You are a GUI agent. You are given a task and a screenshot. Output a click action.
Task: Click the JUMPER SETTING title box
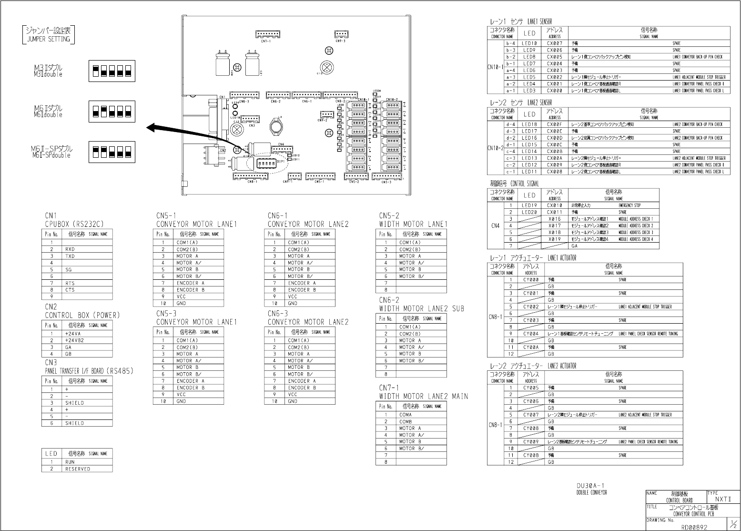point(48,34)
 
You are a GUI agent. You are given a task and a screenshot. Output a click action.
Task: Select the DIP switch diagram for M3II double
point(112,71)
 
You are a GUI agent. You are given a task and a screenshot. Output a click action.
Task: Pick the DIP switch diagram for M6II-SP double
point(112,152)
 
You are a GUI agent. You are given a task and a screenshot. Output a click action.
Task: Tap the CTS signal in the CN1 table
point(70,290)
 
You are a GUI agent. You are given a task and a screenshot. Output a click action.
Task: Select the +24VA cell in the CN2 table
point(72,334)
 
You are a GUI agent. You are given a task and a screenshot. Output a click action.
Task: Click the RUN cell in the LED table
point(70,462)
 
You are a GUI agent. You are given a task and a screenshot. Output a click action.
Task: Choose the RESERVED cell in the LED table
point(78,469)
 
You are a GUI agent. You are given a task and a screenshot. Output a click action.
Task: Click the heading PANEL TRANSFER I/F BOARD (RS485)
point(89,371)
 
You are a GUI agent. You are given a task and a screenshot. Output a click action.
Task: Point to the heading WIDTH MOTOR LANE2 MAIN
point(424,397)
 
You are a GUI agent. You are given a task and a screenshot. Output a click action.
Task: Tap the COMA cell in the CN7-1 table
point(406,415)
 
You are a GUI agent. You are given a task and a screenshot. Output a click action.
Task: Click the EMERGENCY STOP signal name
point(629,205)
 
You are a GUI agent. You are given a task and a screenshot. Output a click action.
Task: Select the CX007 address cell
point(555,43)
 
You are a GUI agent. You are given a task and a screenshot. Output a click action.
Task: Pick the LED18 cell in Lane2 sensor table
point(529,124)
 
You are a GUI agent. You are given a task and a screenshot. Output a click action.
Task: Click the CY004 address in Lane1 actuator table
point(531,334)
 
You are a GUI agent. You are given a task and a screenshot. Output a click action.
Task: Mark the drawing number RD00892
point(694,527)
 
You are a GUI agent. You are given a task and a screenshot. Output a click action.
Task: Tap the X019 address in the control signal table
point(555,239)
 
